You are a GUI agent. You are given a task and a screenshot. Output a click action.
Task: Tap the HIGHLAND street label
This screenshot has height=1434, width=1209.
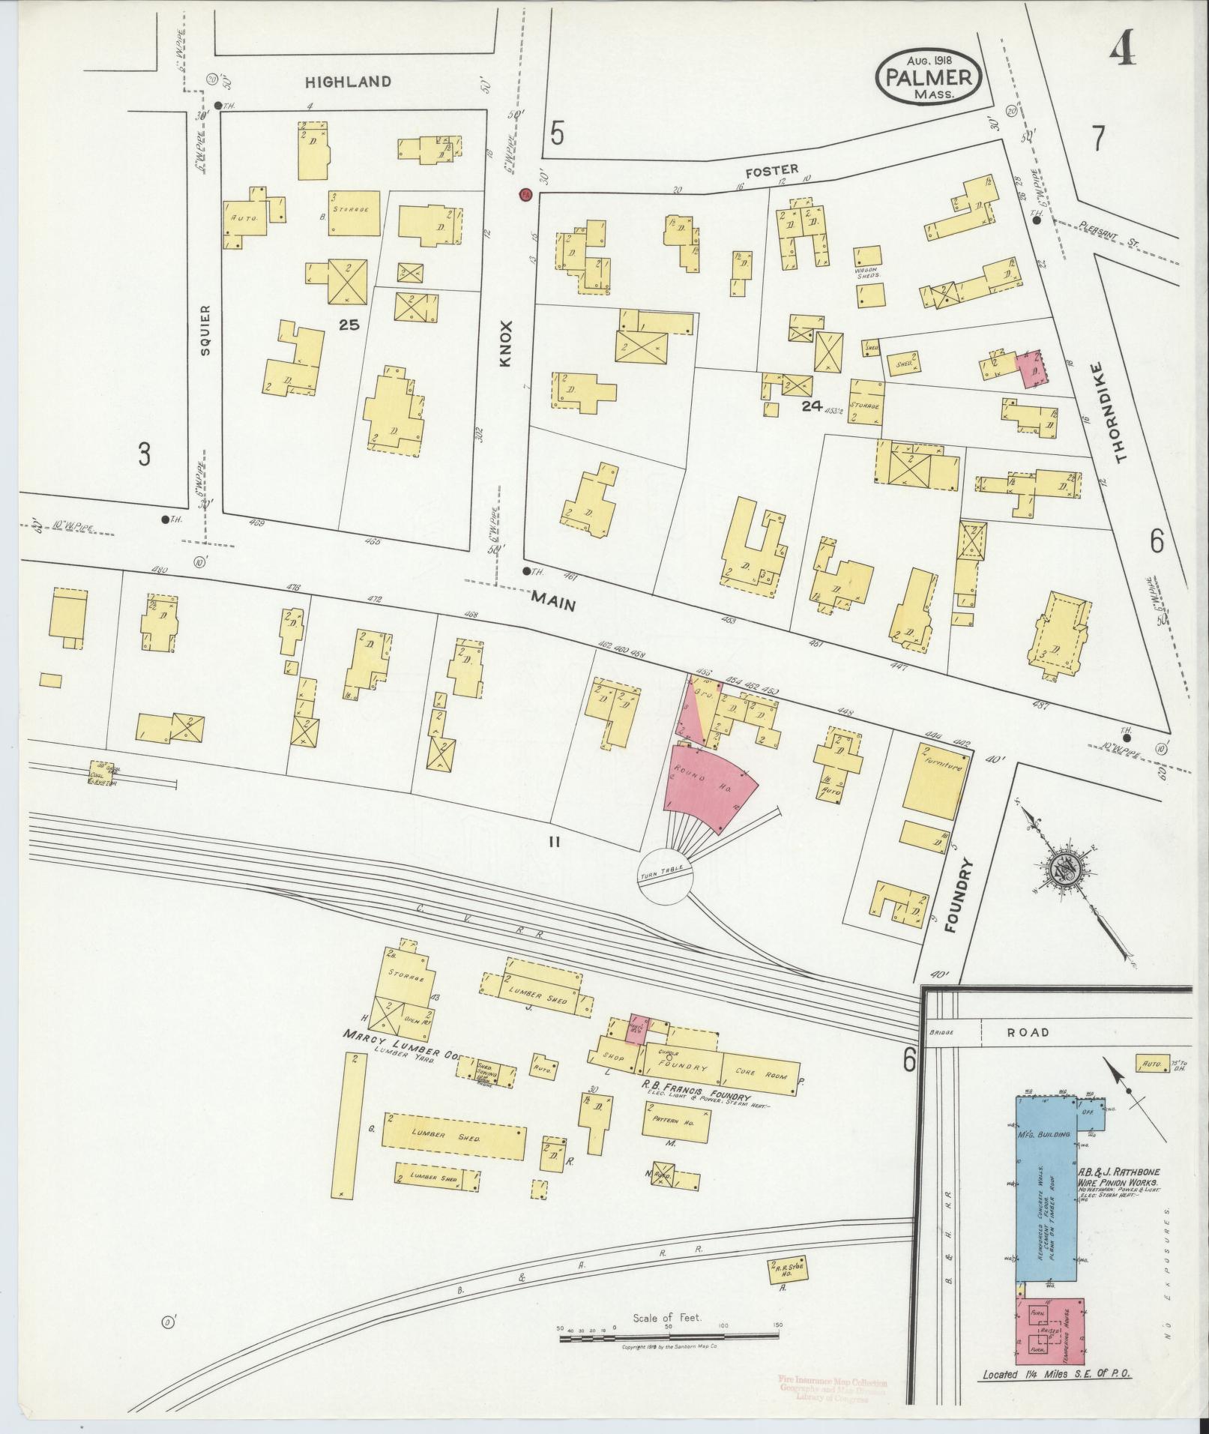(348, 82)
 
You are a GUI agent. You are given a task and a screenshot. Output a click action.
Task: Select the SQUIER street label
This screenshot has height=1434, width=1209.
(208, 329)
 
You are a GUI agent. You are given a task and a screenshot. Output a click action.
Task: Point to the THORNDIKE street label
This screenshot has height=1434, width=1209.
(1120, 412)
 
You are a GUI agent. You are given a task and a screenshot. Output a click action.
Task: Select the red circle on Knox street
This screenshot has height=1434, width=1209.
(525, 195)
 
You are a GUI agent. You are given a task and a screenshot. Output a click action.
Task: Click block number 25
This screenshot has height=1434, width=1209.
(349, 325)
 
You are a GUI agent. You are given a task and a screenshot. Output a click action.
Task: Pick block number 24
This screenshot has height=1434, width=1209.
(811, 406)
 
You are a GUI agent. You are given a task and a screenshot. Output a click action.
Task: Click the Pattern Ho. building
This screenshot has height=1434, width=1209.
(675, 1142)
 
